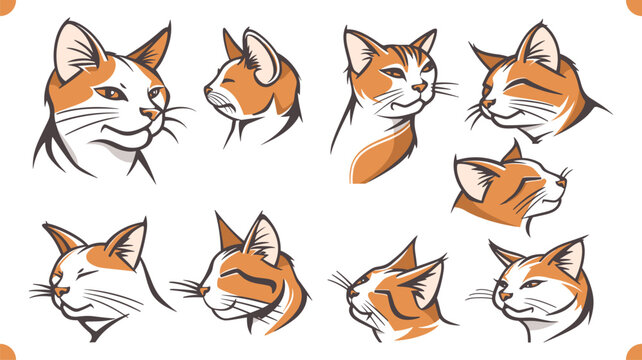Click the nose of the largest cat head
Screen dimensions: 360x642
click(149, 115)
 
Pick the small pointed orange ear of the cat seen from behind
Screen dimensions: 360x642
click(231, 45)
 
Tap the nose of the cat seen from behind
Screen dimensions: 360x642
click(208, 89)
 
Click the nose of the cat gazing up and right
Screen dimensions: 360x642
click(562, 181)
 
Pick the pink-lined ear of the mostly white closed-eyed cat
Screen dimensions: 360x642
click(127, 244)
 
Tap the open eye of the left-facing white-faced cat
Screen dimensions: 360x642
click(531, 283)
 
